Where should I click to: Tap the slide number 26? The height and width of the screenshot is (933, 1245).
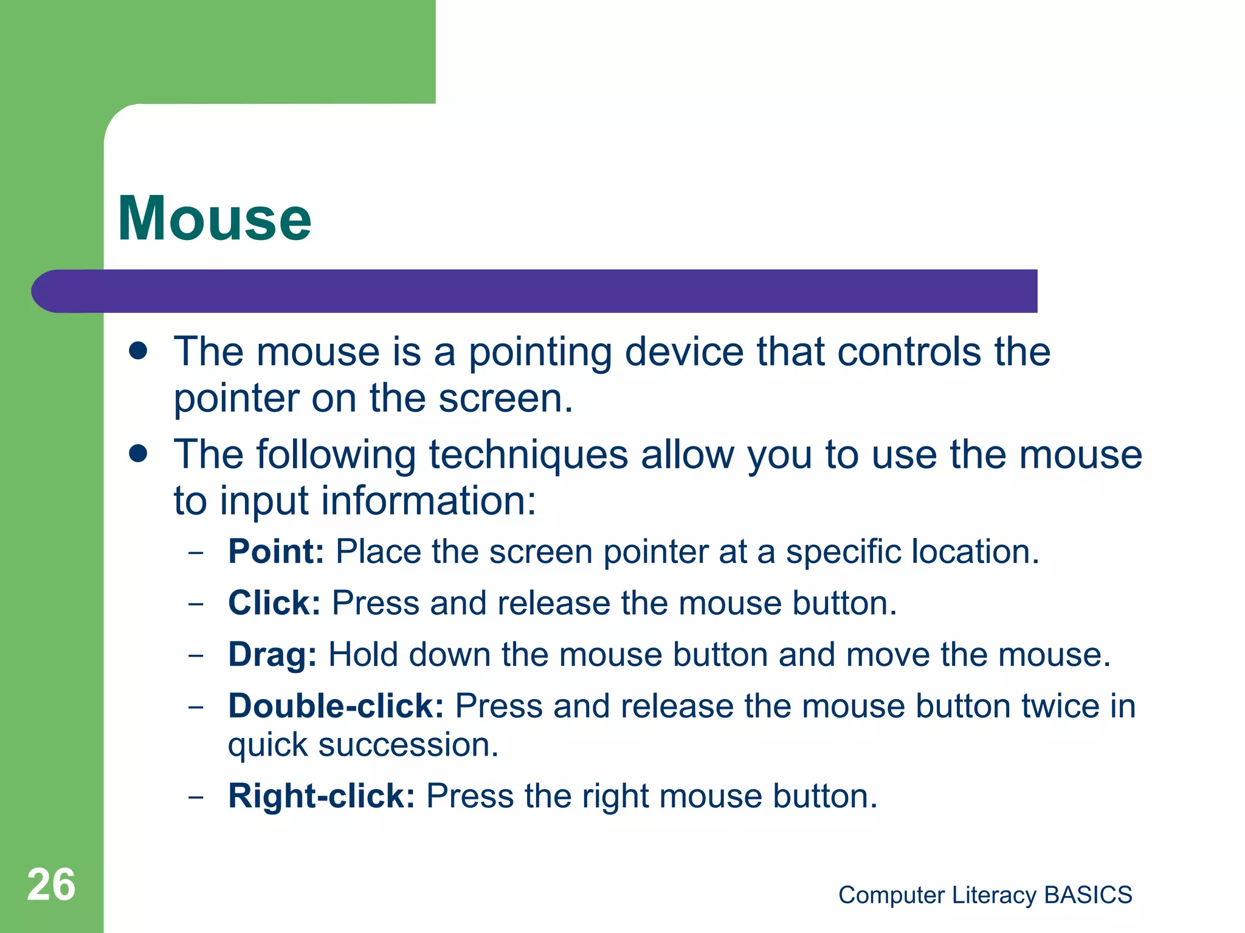51,885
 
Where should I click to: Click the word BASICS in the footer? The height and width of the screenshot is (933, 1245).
1088,895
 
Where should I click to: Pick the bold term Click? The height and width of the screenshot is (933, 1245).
274,604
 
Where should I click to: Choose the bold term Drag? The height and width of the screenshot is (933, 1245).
272,655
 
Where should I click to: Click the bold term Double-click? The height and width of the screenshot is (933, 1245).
336,706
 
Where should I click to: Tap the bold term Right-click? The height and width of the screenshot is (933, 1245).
322,796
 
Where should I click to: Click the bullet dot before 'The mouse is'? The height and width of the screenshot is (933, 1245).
139,351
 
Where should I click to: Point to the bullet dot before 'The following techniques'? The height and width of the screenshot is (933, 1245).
139,454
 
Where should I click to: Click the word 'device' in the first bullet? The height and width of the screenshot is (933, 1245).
684,352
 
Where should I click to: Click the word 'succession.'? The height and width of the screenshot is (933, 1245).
409,745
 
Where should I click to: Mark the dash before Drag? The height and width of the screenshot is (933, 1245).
196,656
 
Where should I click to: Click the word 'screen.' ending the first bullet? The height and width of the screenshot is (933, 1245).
506,399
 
